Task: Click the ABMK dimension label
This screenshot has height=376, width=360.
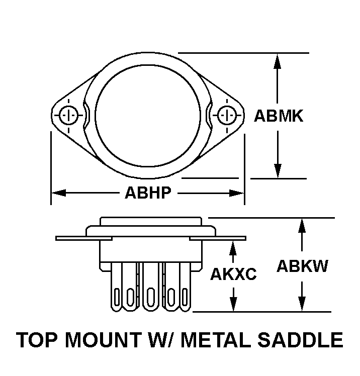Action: (278, 116)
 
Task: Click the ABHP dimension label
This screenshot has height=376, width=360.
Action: (148, 193)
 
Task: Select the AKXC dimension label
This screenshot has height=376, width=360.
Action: (233, 274)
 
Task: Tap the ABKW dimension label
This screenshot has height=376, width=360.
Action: (302, 266)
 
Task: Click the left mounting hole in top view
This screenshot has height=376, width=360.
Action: (67, 115)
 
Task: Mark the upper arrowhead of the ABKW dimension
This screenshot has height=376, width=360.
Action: (302, 226)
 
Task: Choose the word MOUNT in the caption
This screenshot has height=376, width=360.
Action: (95, 340)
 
